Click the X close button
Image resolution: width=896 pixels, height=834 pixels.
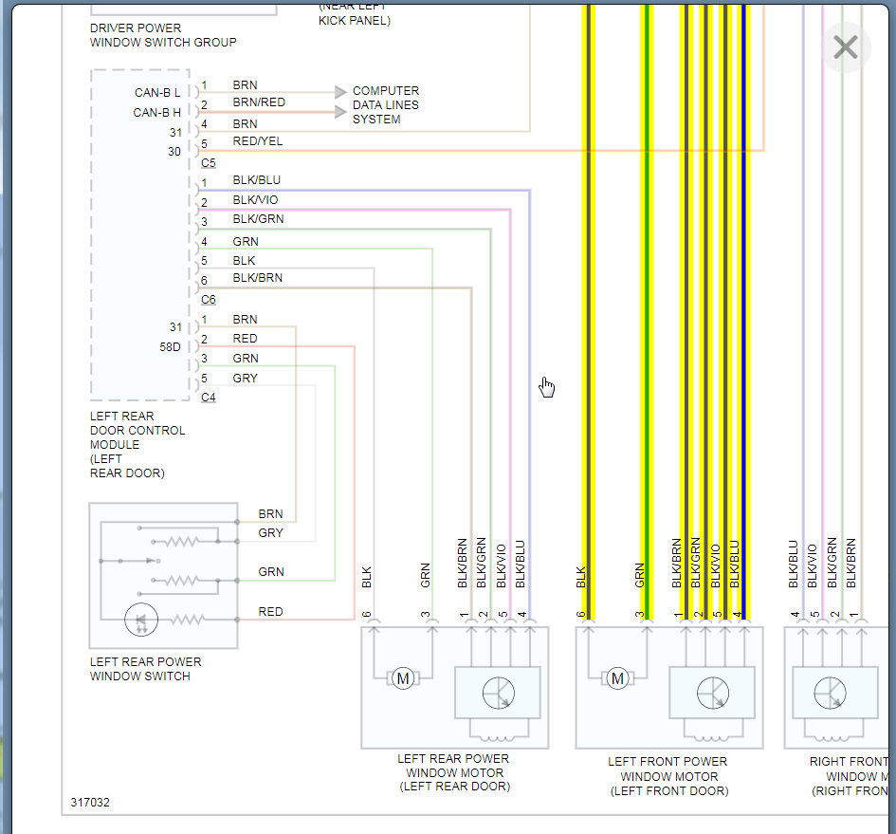845,46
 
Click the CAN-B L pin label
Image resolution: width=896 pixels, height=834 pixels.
156,93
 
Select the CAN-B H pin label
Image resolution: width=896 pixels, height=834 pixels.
156,113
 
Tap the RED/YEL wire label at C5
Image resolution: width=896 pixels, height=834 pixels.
257,141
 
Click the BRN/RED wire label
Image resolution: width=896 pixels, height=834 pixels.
258,102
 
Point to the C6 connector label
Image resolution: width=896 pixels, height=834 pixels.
209,300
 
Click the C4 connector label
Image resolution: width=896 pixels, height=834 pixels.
209,398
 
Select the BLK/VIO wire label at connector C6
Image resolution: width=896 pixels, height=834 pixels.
255,200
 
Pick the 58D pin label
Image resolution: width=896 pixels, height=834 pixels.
170,347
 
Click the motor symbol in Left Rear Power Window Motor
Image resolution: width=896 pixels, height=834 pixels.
403,678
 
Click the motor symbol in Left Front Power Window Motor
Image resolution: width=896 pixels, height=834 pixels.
618,678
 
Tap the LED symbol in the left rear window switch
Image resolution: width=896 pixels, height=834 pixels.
141,620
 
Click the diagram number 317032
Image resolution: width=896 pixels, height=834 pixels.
90,803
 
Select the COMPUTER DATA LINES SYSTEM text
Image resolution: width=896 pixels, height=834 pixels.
385,105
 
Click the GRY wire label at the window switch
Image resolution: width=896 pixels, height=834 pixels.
270,533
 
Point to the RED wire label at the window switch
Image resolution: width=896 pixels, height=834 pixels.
270,612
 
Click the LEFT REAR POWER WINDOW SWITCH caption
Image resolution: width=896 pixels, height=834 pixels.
145,669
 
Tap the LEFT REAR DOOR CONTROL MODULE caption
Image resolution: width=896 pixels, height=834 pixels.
137,444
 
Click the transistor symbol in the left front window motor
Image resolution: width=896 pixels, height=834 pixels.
713,694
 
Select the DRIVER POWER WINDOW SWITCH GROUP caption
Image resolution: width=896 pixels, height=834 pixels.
163,35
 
